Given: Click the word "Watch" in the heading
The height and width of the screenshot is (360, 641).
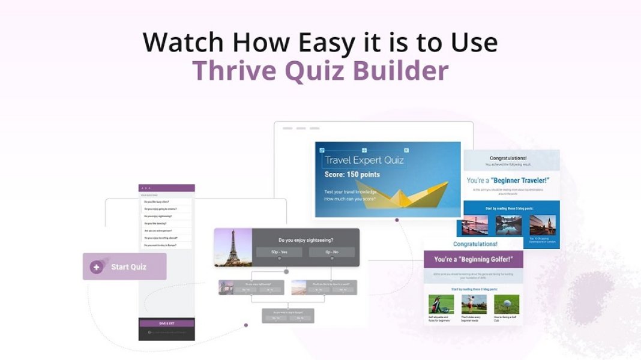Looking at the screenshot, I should tap(184, 43).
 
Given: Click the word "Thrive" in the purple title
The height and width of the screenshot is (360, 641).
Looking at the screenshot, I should tap(230, 70).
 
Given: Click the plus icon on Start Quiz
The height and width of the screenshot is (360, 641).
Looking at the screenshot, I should tap(96, 267).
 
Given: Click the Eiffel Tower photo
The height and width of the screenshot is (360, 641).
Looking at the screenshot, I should tap(233, 247).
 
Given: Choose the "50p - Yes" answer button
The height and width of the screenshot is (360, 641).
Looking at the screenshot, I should tap(279, 252).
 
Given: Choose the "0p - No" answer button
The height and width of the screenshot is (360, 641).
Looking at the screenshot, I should tap(332, 252).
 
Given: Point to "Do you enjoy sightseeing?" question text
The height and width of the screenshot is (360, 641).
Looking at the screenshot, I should tap(305, 239).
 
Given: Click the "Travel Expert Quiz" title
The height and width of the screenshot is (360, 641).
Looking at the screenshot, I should tap(364, 160).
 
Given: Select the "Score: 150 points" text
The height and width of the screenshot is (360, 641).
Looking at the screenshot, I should tap(352, 175).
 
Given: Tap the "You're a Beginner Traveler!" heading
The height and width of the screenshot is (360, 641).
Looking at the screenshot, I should tap(508, 180).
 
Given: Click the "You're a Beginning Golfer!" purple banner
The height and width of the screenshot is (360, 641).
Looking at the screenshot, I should tap(474, 259).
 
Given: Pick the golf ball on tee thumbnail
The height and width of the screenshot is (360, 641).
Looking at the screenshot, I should tap(507, 304).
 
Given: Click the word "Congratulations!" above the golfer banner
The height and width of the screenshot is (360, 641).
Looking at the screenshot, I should tap(475, 244).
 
